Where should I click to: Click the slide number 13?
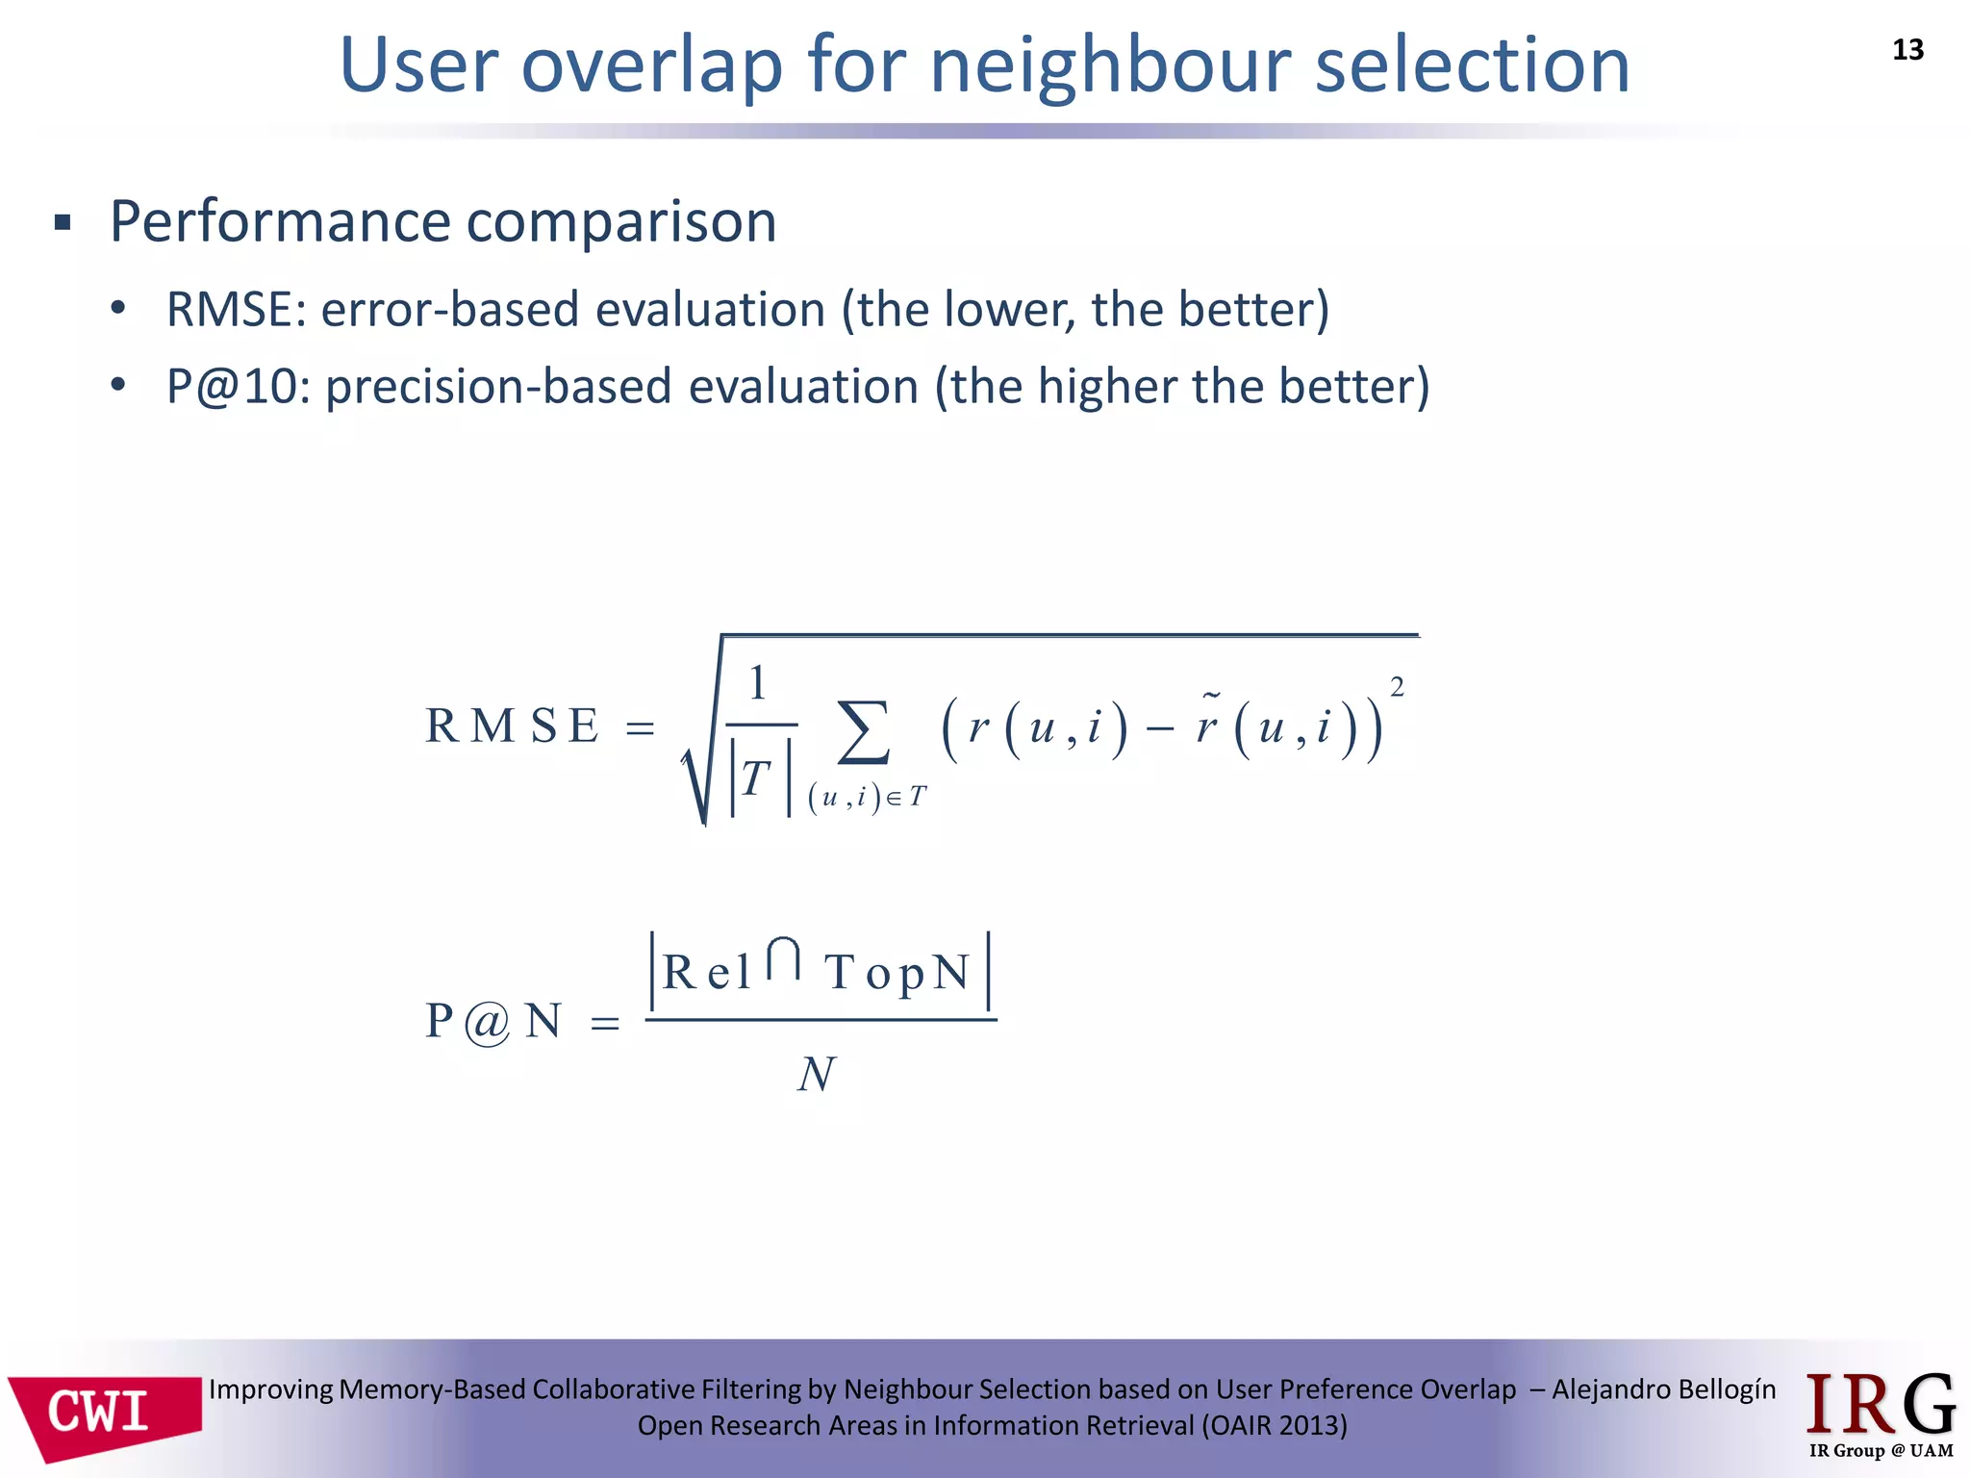point(1907,50)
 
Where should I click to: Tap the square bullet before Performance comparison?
point(63,224)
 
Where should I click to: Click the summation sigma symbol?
point(863,733)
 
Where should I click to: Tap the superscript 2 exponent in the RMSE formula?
point(1397,687)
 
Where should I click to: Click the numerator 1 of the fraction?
point(758,683)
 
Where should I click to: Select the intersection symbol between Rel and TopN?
point(784,959)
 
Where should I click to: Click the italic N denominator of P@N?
point(816,1075)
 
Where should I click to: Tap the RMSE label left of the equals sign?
point(512,726)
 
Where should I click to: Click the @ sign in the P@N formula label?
point(488,1023)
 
